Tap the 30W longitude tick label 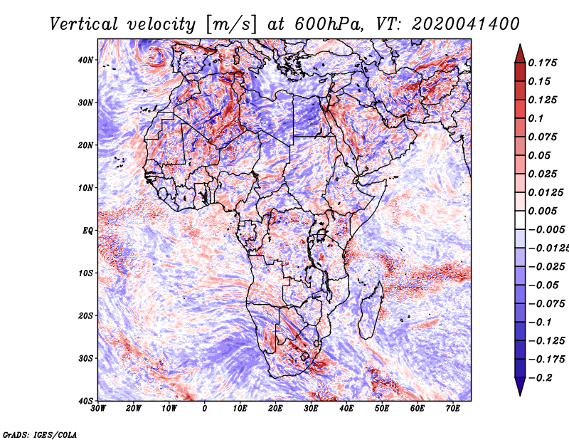[98, 409]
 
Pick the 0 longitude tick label [205, 409]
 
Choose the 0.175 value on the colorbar [542, 63]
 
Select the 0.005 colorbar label [542, 211]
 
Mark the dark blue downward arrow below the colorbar [519, 387]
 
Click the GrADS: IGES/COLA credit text [39, 434]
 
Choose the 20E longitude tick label [276, 409]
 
